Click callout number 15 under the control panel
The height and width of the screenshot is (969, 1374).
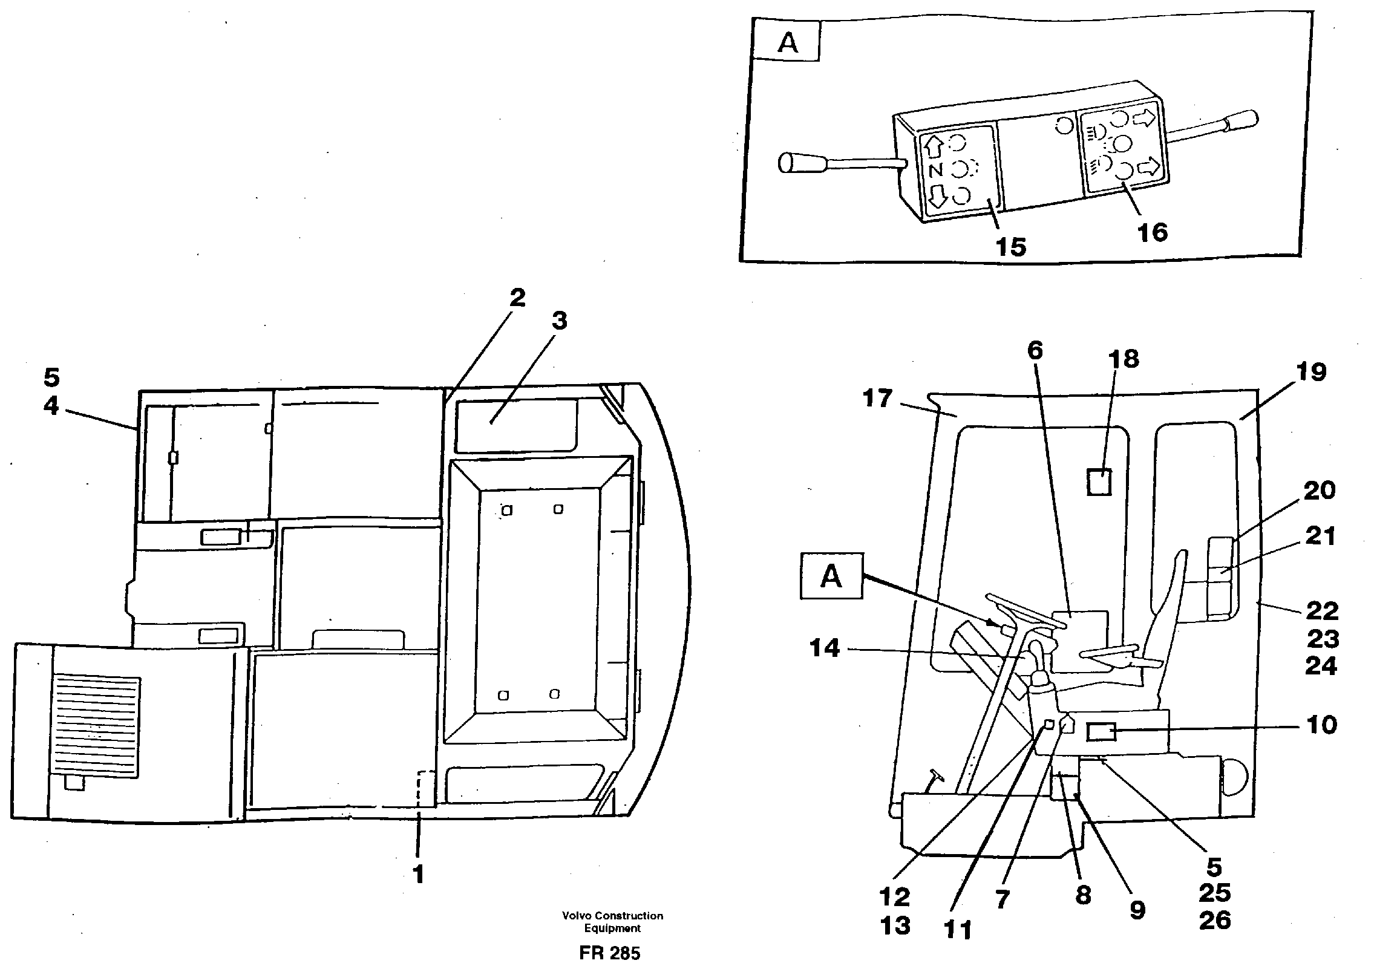point(1010,247)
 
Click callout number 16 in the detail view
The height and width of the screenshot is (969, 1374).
point(1152,232)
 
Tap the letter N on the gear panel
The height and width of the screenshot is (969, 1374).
point(935,170)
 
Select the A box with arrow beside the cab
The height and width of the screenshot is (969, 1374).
point(831,576)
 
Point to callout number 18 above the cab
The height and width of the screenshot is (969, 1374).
point(1124,359)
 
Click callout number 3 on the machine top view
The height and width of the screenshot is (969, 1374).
point(559,321)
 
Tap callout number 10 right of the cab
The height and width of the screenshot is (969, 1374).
point(1321,725)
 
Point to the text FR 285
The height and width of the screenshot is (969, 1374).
point(610,954)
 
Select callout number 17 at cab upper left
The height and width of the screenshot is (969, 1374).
point(878,399)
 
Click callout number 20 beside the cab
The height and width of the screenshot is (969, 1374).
point(1320,491)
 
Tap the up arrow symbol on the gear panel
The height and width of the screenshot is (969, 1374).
point(934,146)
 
